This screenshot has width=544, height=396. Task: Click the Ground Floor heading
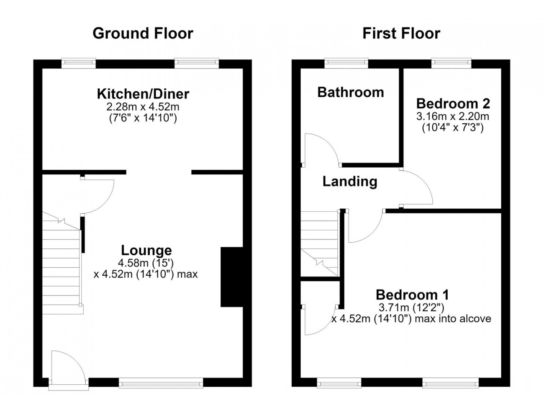coord(143,34)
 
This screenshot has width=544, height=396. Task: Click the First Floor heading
coord(401,34)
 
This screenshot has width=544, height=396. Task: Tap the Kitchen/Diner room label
coord(143,94)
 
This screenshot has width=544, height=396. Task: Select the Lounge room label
coord(146,251)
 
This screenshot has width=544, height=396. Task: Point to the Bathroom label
coord(351,93)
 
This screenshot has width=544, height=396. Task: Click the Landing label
coord(350,182)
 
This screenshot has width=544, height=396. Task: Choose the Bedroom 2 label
coord(453,104)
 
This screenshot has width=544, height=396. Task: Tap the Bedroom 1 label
coord(412,295)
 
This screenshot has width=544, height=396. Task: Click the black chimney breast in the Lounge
coord(232,277)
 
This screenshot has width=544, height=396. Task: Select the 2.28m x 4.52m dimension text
coord(143,107)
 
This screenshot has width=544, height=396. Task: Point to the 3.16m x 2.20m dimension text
coord(453,116)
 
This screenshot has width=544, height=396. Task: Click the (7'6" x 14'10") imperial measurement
coord(143,119)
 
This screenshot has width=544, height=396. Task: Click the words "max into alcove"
coord(453,318)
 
